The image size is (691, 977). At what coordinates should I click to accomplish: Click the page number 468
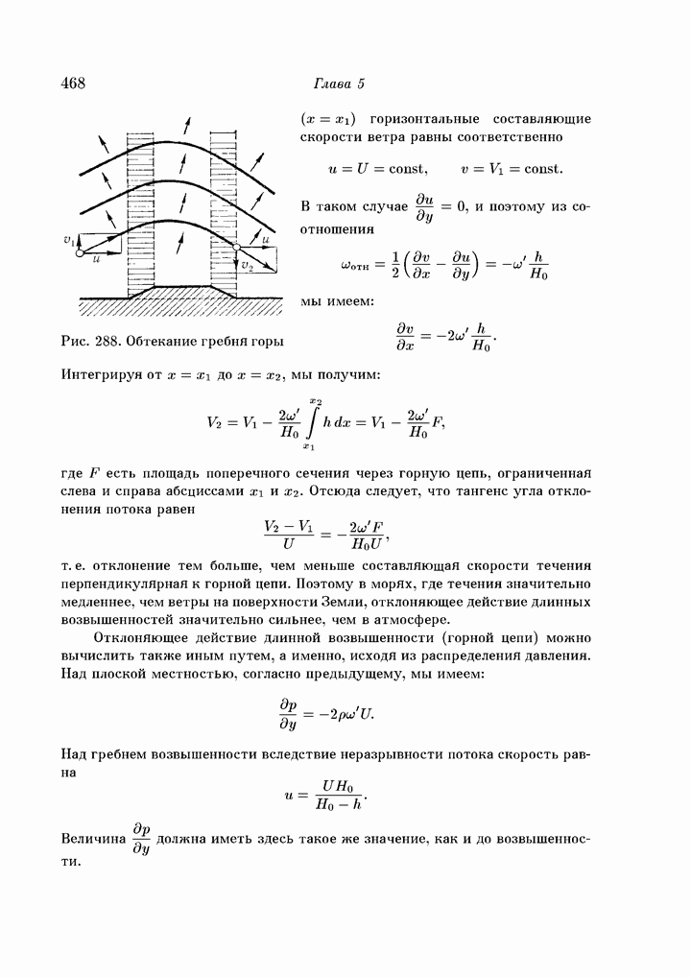(x=74, y=83)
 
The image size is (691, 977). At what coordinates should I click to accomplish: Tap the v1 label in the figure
(x=67, y=240)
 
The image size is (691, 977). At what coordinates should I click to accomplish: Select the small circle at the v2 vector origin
(x=236, y=249)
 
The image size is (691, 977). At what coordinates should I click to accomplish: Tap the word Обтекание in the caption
(x=172, y=339)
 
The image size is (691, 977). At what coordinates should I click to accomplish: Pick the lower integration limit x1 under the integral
(x=308, y=446)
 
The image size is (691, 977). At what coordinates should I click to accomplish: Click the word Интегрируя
(x=104, y=373)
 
